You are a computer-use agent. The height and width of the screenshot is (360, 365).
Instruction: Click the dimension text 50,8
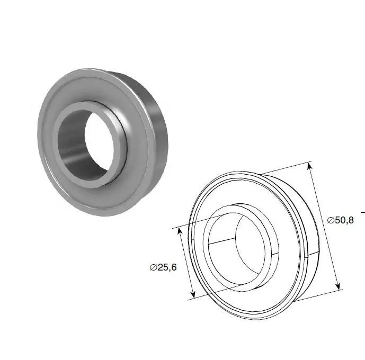[x=344, y=220]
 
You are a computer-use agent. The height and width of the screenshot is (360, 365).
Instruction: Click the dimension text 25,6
[x=167, y=267]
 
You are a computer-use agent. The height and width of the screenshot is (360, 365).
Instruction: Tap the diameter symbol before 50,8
[x=331, y=220]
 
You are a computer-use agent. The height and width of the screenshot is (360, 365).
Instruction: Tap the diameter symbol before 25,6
[x=154, y=267]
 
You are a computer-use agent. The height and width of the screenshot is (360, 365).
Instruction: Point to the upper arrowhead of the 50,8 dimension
[x=309, y=167]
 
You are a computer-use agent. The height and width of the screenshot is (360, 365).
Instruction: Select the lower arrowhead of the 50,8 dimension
[x=338, y=286]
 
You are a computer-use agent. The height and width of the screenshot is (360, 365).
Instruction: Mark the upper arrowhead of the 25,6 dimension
[x=180, y=232]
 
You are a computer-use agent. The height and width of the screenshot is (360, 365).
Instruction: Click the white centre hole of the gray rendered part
[x=99, y=139]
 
